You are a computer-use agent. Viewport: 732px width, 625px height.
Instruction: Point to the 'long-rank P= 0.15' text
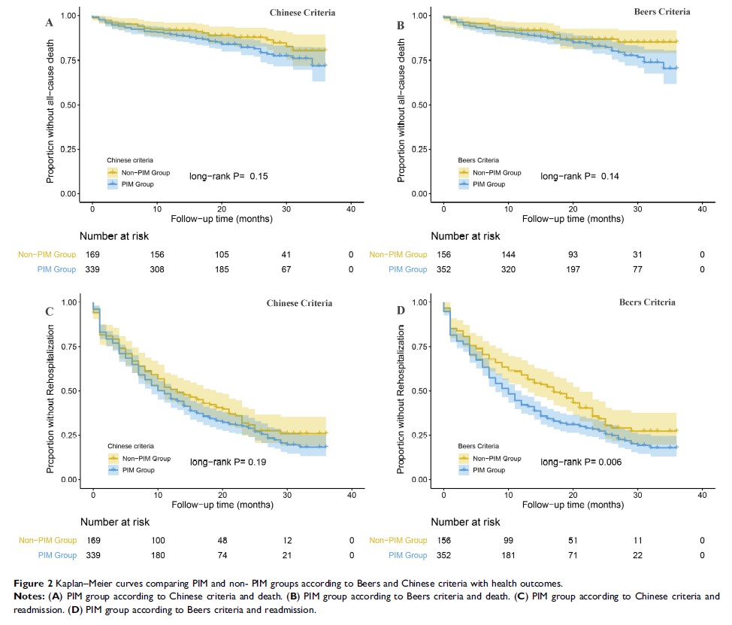click(228, 176)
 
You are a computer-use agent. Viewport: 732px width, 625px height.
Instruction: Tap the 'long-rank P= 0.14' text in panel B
click(579, 175)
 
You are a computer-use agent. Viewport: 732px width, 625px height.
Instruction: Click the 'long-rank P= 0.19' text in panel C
click(228, 461)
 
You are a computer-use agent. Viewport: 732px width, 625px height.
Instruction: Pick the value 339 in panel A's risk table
click(92, 269)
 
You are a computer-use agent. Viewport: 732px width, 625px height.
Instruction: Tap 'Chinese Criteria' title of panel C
click(299, 304)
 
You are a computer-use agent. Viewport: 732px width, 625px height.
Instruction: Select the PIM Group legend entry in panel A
click(135, 183)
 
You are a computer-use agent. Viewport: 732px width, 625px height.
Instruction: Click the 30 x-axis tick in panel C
click(287, 494)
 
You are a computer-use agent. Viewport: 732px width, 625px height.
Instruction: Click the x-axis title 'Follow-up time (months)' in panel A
click(221, 219)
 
